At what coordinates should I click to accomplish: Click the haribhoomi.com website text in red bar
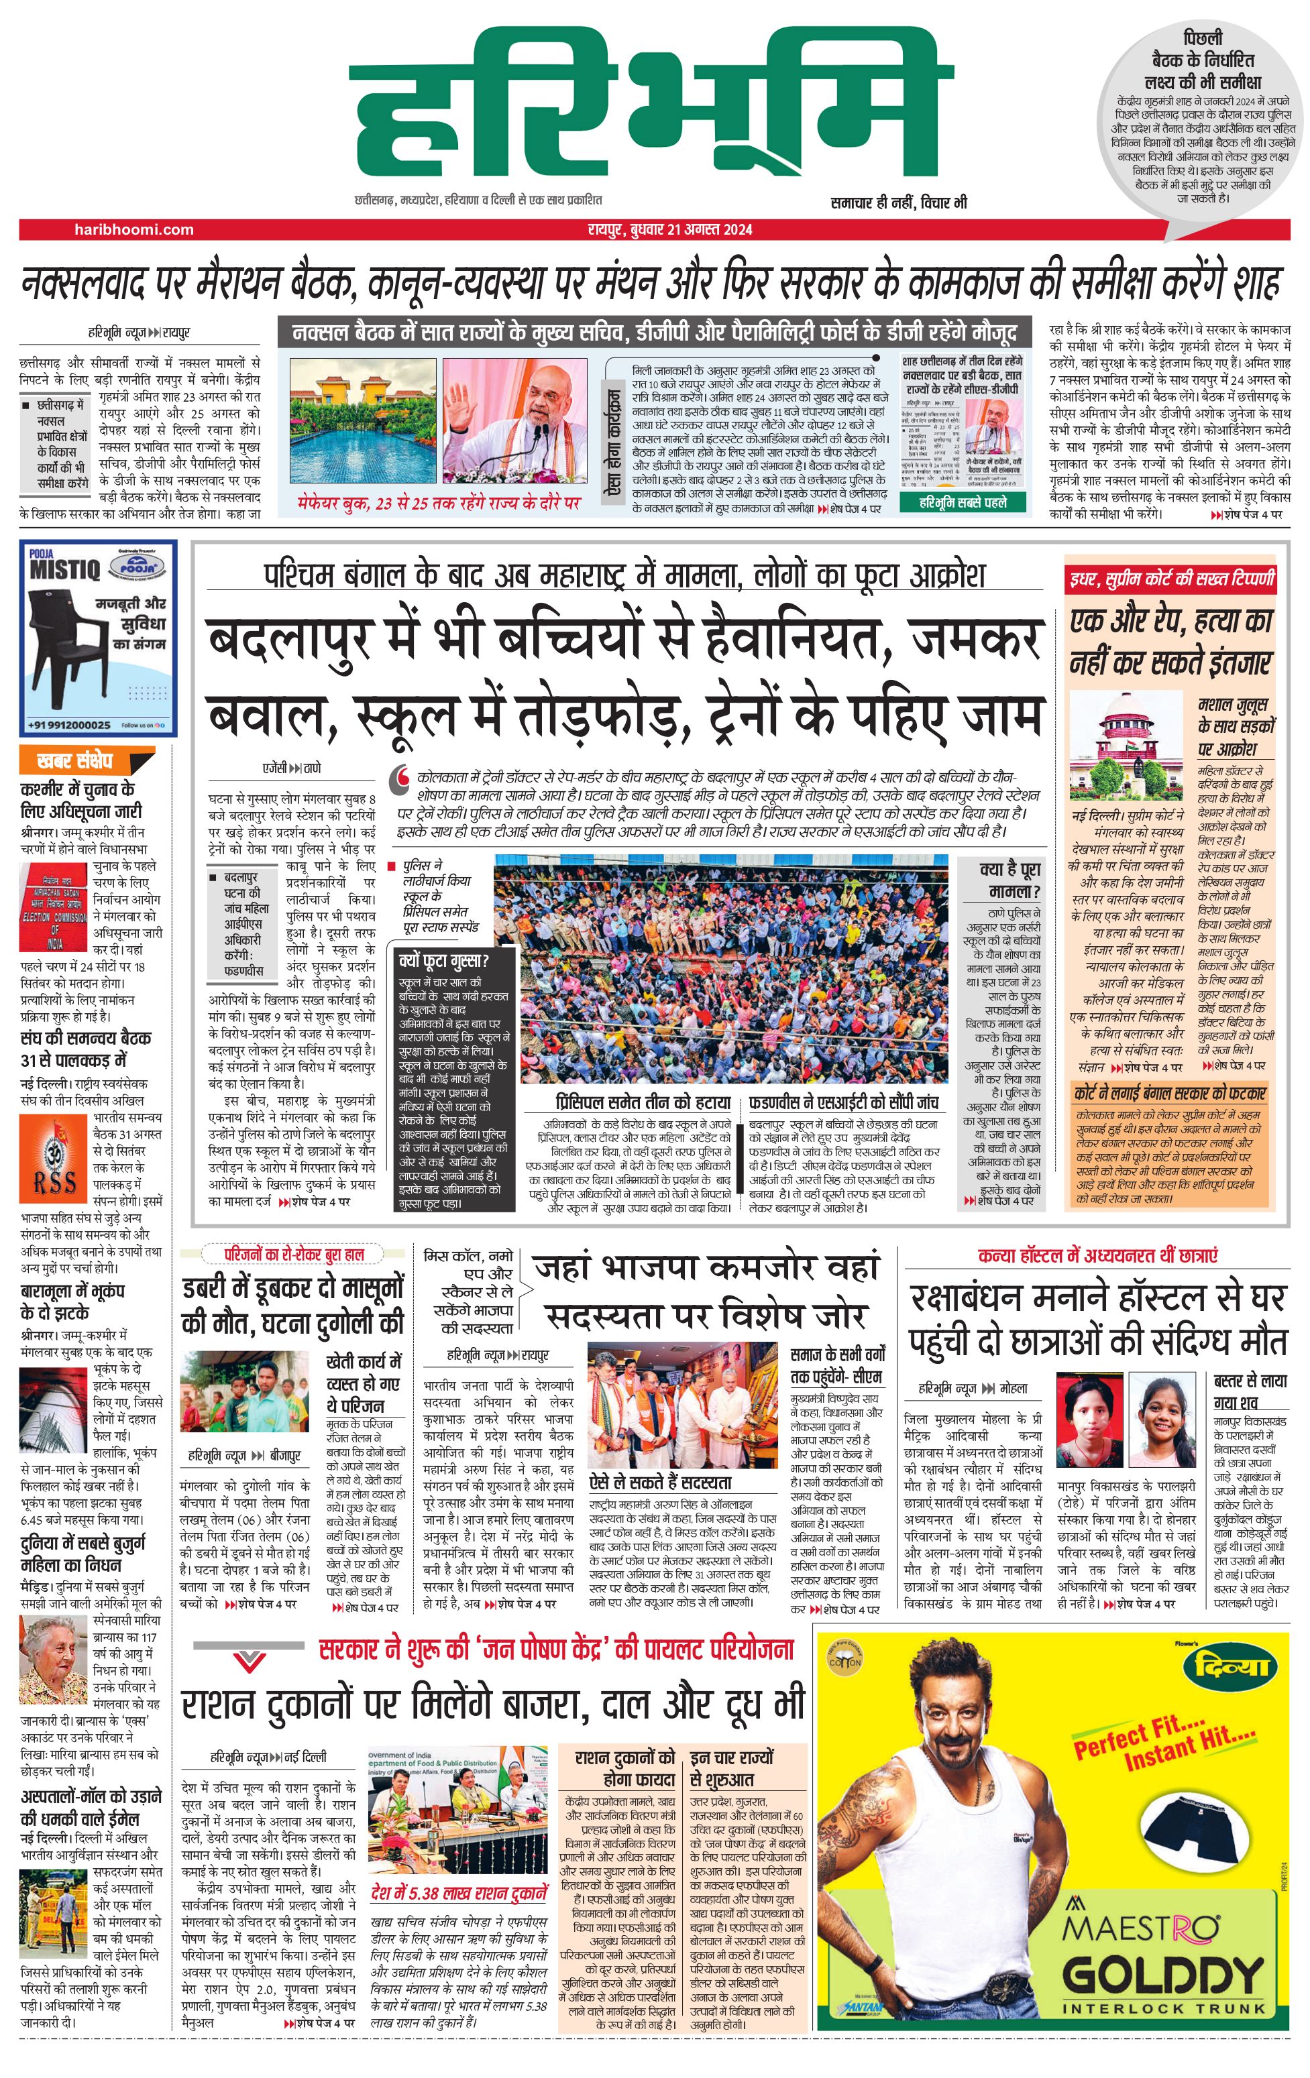pyautogui.click(x=133, y=229)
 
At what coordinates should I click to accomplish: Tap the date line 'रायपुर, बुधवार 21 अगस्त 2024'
pyautogui.click(x=665, y=229)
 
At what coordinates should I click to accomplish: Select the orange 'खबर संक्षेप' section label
pyautogui.click(x=76, y=761)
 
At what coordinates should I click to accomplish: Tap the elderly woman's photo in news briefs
pyautogui.click(x=54, y=1660)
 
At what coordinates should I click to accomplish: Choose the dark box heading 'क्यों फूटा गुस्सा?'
pyautogui.click(x=443, y=960)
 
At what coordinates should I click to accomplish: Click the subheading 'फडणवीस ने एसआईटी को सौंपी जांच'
pyautogui.click(x=843, y=1103)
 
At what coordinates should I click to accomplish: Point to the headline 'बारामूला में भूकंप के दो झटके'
pyautogui.click(x=73, y=1302)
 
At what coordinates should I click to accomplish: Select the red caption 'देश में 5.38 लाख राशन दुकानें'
pyautogui.click(x=458, y=1894)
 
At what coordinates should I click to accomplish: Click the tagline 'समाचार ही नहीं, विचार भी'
pyautogui.click(x=898, y=203)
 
